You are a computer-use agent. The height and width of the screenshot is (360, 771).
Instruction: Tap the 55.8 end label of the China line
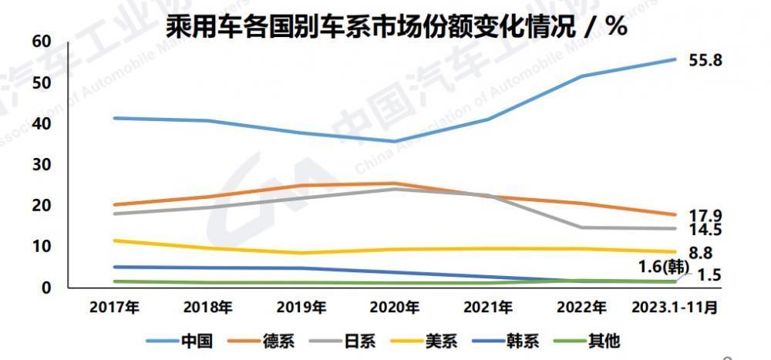(705, 59)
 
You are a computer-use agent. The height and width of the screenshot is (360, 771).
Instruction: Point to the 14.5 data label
(705, 230)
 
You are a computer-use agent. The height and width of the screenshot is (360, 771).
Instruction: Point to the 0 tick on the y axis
(46, 288)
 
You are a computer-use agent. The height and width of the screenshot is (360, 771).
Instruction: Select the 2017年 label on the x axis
(115, 307)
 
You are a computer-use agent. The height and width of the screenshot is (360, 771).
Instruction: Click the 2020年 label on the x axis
(395, 307)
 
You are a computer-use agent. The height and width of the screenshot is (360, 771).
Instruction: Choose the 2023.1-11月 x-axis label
(675, 307)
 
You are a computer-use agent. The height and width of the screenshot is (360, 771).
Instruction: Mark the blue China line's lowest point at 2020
(395, 141)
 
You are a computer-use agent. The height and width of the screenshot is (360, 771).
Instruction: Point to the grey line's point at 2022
(581, 227)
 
